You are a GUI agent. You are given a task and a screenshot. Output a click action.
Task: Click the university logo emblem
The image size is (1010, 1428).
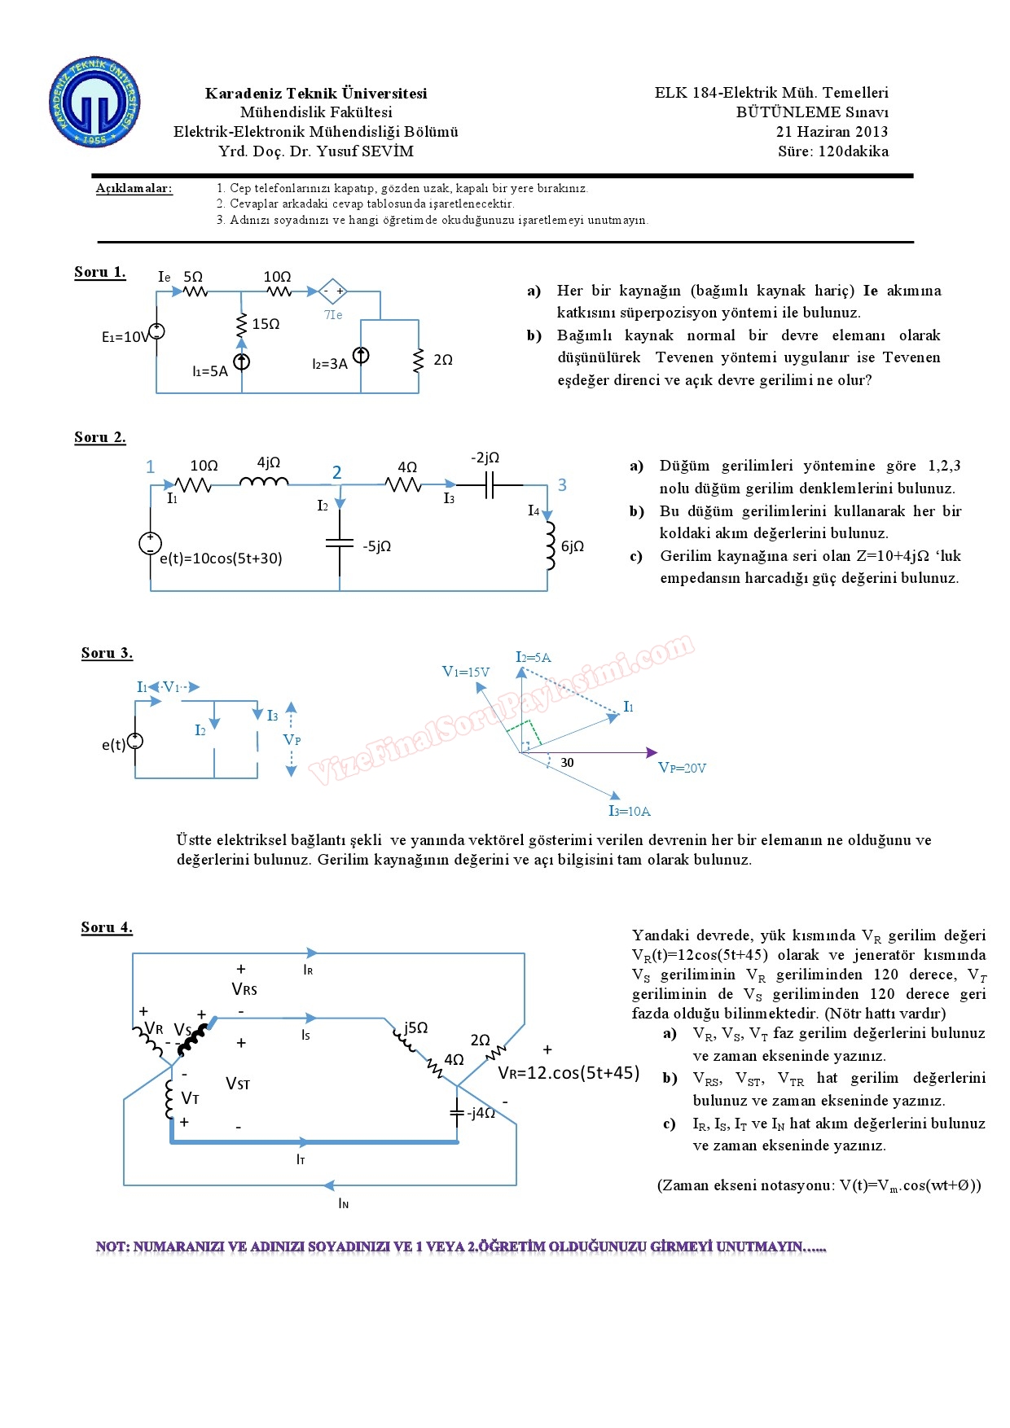click(94, 103)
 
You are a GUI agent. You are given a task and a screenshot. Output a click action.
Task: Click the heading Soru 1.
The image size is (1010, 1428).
click(99, 272)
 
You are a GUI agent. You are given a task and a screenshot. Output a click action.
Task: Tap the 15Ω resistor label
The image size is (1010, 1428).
click(266, 324)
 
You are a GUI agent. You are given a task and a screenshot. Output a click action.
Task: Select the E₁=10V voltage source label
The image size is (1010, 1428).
click(125, 337)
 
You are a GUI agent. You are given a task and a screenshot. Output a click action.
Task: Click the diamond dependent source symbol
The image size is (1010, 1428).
click(332, 291)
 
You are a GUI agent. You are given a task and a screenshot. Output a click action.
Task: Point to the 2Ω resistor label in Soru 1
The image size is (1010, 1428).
click(443, 360)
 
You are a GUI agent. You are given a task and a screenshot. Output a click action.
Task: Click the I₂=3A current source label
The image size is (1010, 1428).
click(329, 364)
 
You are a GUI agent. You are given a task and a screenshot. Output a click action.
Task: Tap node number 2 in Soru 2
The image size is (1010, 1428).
click(336, 473)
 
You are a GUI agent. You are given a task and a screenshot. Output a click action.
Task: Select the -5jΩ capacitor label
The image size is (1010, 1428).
click(376, 546)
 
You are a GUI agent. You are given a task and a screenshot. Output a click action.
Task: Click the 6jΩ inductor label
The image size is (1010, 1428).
click(573, 546)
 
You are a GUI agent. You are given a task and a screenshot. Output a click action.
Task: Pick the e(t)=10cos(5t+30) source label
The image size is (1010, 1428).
click(221, 558)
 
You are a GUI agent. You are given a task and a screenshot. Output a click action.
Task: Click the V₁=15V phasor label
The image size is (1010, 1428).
click(465, 672)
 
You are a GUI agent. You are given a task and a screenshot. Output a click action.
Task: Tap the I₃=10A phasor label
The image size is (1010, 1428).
click(630, 811)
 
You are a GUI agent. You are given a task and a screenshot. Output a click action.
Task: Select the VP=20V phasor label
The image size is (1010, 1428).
click(682, 768)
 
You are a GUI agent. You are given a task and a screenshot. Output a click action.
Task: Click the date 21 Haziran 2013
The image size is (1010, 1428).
click(832, 132)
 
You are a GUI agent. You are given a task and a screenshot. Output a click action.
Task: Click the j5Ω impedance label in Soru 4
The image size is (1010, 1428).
click(415, 1027)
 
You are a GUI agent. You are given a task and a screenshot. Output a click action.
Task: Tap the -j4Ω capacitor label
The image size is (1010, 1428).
click(481, 1113)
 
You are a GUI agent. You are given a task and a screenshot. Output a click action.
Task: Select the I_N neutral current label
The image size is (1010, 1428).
click(344, 1203)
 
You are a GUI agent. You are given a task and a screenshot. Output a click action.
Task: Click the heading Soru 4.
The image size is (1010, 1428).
click(107, 927)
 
